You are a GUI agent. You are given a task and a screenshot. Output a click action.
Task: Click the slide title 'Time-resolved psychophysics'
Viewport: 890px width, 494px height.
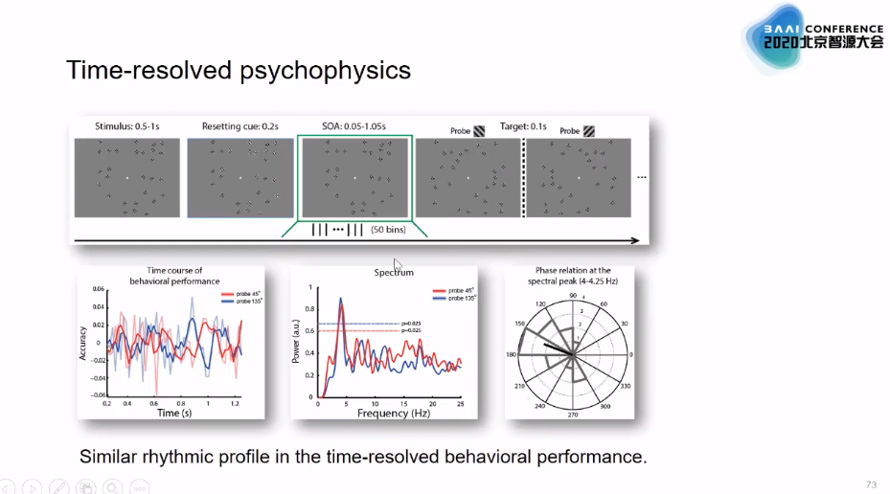pos(238,71)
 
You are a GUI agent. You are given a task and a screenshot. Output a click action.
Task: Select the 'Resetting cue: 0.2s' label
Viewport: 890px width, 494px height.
pos(240,126)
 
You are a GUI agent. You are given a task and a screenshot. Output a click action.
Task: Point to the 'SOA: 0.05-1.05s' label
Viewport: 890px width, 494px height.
pos(354,126)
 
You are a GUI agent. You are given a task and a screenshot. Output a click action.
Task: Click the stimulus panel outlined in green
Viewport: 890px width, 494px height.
pos(355,178)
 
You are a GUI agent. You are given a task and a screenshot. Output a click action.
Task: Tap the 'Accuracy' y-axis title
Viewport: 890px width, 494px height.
pos(84,341)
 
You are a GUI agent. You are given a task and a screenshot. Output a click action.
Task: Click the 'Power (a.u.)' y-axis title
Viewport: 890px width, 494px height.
pos(297,341)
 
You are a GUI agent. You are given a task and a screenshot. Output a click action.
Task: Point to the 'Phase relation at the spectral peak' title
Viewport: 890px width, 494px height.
pos(569,276)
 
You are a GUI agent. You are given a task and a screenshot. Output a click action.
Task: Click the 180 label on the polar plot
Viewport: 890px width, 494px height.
pos(512,354)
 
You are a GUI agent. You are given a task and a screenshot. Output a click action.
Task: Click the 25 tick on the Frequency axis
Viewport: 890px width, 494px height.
pos(460,403)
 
